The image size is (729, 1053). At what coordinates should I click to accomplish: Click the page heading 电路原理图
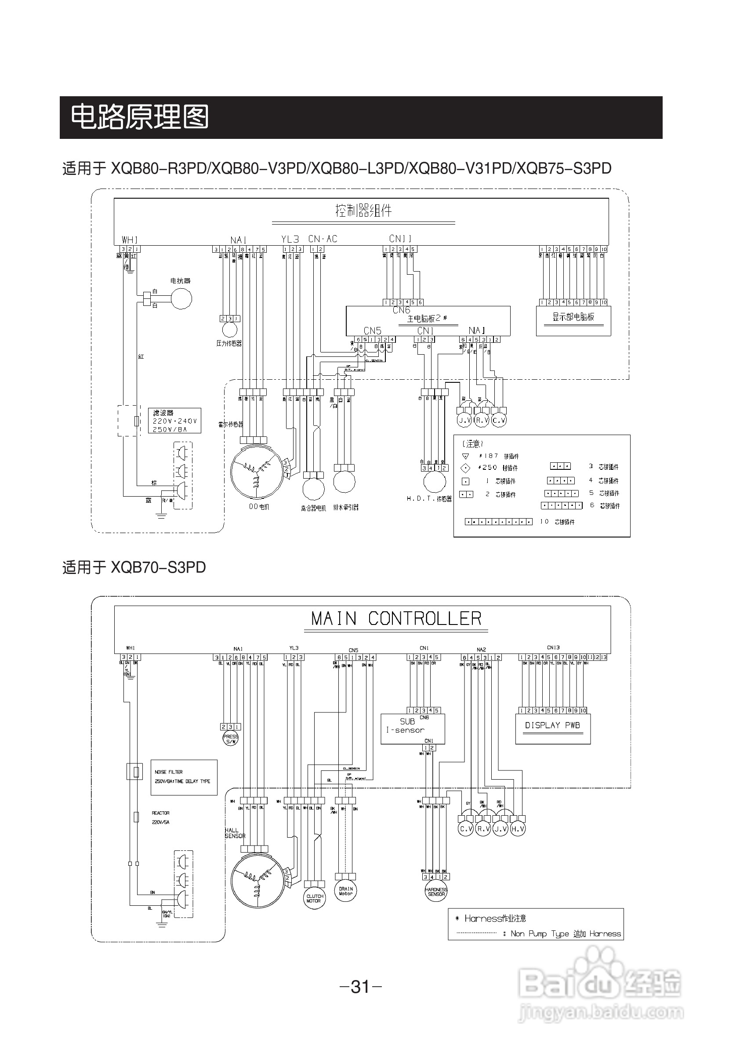point(139,117)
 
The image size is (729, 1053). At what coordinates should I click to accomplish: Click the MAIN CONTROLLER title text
point(396,618)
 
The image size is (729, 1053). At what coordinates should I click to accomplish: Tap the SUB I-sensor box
point(413,729)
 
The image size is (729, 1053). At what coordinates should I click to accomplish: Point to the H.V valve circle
point(518,829)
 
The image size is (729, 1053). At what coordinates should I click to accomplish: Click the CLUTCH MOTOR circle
point(314,899)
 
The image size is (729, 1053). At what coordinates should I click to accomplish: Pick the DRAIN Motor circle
point(346,891)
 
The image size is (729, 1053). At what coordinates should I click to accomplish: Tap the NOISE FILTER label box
point(184,777)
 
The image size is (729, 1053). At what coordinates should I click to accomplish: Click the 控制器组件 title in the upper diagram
point(363,211)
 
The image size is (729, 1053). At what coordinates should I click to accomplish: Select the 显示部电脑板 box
point(573,320)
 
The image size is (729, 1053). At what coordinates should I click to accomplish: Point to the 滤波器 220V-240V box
point(174,421)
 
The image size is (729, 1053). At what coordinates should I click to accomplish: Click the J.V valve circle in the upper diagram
point(464,420)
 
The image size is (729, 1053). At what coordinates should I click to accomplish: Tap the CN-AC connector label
point(323,239)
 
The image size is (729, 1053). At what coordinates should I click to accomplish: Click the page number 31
point(361,987)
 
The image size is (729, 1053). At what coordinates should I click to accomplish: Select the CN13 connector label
point(553,647)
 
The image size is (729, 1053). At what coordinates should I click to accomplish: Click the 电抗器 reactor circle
point(181,299)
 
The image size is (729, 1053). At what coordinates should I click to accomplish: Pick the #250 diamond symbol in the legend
point(465,468)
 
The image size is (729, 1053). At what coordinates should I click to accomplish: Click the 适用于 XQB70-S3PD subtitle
point(134,567)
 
